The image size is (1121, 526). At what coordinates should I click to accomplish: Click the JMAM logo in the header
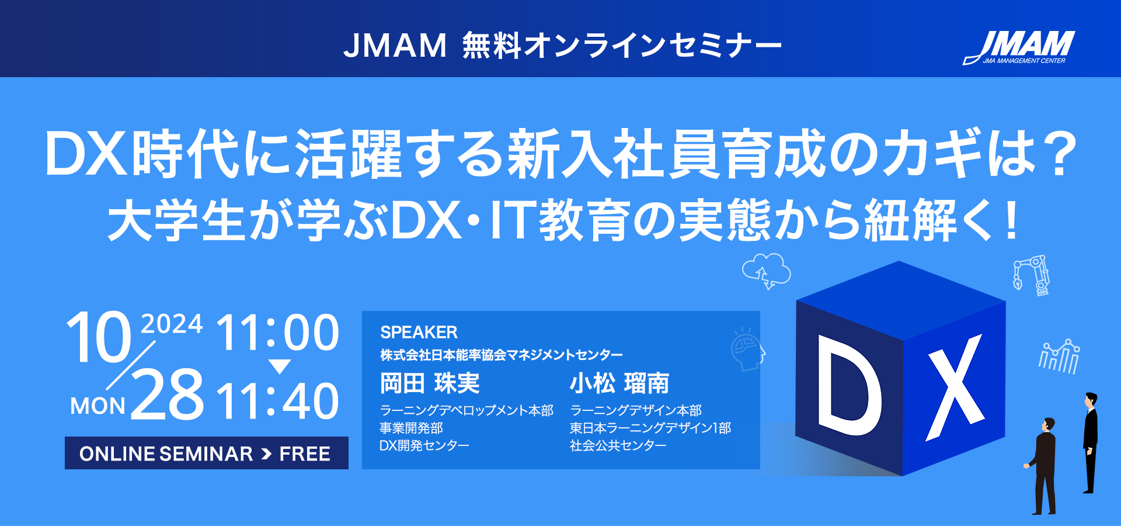1019,47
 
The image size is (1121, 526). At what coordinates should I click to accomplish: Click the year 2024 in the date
172,324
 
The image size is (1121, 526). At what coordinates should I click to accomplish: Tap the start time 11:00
278,333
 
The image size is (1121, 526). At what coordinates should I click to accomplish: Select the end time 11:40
278,402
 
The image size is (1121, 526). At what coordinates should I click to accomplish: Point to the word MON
98,406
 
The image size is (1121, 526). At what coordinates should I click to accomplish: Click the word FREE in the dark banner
305,454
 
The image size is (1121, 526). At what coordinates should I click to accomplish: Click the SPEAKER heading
419,333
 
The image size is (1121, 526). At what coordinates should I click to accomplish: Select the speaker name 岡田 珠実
430,383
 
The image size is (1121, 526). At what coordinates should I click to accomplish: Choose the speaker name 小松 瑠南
619,383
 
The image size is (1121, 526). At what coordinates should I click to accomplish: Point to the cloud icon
766,271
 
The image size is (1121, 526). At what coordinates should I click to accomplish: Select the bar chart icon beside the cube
1059,356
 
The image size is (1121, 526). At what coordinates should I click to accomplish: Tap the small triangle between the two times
279,366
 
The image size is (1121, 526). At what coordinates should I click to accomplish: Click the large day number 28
168,394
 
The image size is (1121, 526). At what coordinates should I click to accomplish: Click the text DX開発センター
424,446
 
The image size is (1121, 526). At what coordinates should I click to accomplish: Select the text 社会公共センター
618,446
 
